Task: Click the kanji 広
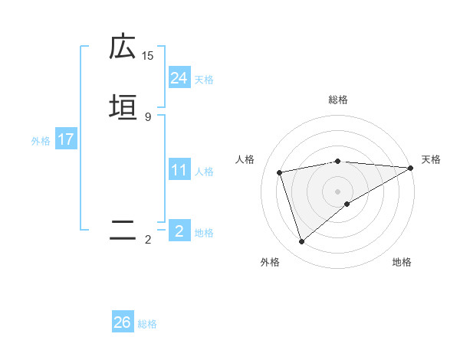123,47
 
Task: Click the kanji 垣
123,107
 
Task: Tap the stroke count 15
148,56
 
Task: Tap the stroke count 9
148,116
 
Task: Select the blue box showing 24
179,78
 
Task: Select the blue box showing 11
179,170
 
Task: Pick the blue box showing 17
66,139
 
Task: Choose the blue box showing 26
123,322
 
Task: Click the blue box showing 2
179,231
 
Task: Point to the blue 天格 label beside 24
204,80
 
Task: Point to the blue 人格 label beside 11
204,172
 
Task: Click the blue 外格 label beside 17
41,141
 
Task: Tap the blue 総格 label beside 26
147,324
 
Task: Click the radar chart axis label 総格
338,100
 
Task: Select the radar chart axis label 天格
431,159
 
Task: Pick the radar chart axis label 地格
402,263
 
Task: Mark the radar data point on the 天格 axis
411,168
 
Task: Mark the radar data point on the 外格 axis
301,242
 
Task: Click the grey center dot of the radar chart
338,191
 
